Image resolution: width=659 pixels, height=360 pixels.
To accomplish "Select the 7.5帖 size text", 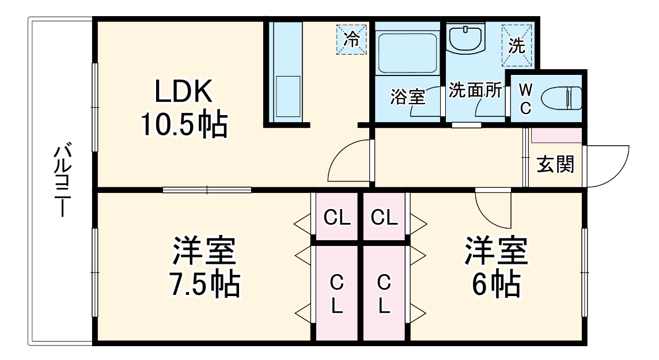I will coord(204,283).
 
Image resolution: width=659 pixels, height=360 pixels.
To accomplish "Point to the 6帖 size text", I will coord(497,283).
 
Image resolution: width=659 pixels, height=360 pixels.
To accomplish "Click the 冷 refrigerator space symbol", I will coord(351,40).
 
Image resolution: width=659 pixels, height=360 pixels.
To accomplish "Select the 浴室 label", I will coord(407,97).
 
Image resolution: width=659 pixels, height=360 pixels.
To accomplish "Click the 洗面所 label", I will coord(475,90).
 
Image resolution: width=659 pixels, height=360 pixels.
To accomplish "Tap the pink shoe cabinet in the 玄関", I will coord(556,136).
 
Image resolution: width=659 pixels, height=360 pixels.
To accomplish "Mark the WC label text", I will coord(525,98).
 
